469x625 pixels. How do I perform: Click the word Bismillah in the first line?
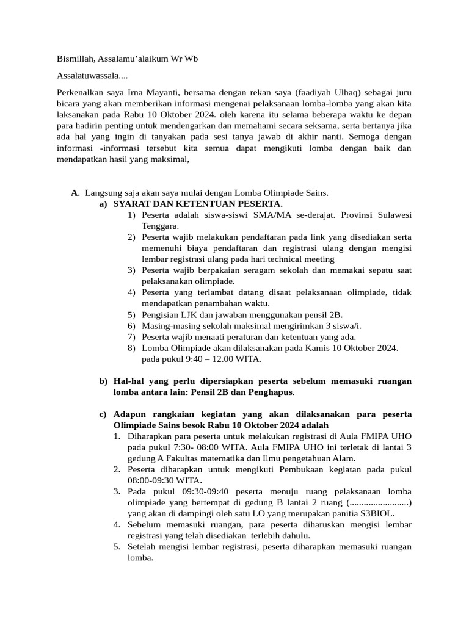tap(75, 59)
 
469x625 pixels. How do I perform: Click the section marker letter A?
tap(75, 193)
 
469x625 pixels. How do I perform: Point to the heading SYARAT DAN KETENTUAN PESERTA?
tap(198, 204)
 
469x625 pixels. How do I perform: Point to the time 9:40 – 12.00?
tap(202, 359)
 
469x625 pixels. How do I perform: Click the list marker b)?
tap(103, 381)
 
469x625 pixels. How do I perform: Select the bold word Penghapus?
tap(272, 392)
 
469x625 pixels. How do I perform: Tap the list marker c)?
tap(103, 414)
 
